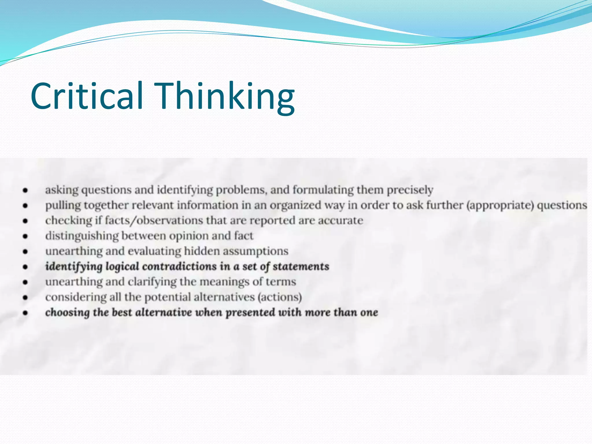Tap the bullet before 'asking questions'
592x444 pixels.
[x=25, y=190]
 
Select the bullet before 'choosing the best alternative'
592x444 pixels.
[x=25, y=313]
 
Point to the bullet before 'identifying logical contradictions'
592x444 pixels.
[x=25, y=267]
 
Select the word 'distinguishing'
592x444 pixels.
[x=82, y=236]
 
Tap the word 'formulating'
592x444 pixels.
[x=323, y=190]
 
